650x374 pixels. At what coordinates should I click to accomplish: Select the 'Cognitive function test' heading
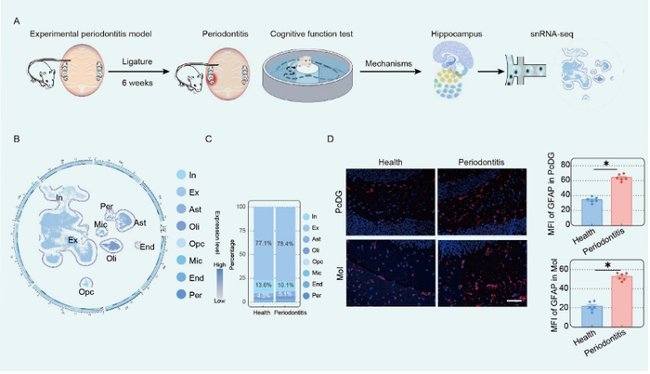[312, 32]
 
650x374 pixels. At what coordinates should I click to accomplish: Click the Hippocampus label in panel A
[456, 32]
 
